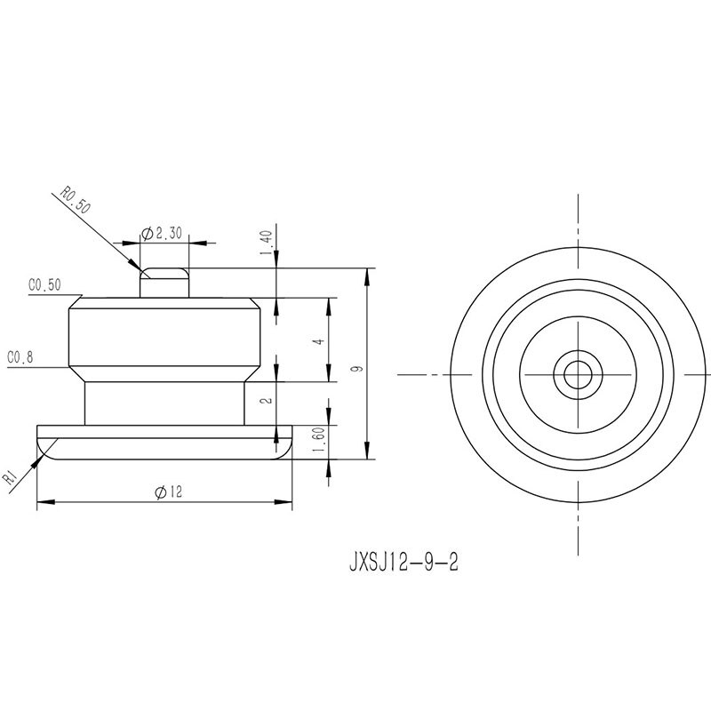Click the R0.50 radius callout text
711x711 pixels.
click(76, 199)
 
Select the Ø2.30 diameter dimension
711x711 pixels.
click(162, 234)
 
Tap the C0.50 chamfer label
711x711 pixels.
click(44, 284)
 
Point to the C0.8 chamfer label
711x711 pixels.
click(20, 357)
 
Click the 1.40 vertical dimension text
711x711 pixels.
click(266, 243)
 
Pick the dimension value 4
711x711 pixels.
click(320, 341)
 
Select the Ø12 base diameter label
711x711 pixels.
click(168, 491)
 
